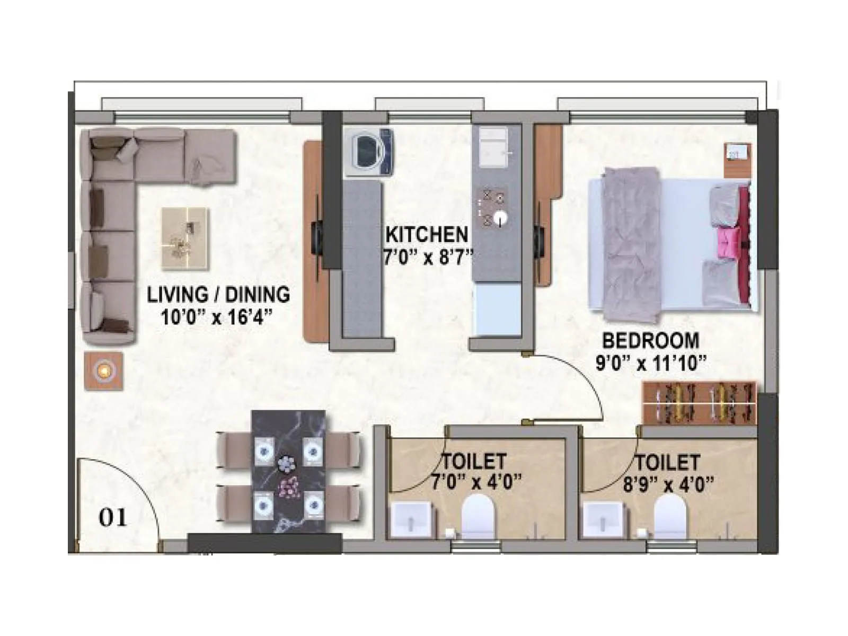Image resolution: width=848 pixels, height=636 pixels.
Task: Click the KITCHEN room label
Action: click(427, 234)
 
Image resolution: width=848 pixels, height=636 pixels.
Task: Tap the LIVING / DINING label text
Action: click(218, 295)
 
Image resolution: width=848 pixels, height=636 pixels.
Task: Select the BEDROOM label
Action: click(650, 340)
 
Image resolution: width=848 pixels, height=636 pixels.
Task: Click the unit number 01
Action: click(113, 517)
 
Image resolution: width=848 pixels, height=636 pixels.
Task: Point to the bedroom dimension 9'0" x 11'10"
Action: click(651, 364)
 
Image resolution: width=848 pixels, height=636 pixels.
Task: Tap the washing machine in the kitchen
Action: click(369, 152)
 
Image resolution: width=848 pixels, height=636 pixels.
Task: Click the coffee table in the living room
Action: click(185, 238)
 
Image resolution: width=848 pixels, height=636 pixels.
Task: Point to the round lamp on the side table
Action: click(104, 370)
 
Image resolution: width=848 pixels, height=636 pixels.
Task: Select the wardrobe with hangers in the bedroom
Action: click(700, 402)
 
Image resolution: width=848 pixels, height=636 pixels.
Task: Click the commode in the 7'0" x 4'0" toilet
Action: click(478, 517)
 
